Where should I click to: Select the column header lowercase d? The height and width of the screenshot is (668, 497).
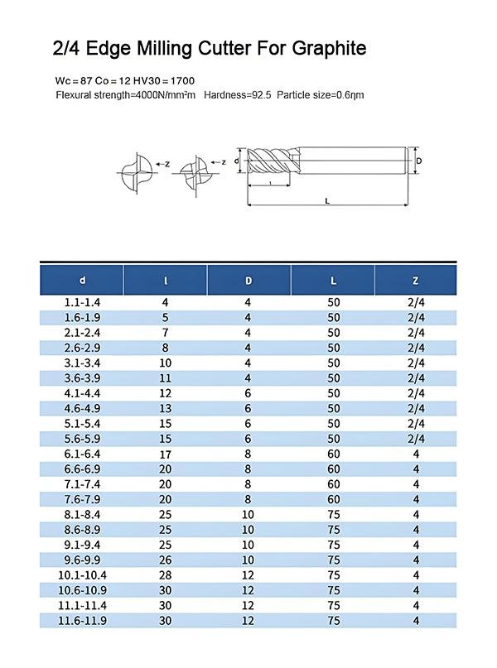click(82, 280)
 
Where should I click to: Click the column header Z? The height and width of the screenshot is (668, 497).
click(415, 280)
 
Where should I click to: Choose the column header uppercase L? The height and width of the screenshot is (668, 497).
click(333, 280)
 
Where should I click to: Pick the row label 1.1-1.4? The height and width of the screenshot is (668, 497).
click(82, 303)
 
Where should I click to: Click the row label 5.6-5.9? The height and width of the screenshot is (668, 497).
click(82, 439)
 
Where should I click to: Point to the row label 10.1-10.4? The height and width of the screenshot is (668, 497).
click(82, 575)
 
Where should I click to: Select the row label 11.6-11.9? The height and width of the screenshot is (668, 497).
click(82, 621)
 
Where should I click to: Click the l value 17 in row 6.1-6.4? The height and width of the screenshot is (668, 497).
click(166, 454)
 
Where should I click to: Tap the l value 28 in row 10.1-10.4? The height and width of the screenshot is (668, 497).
click(166, 575)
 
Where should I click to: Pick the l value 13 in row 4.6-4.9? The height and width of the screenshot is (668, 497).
click(166, 408)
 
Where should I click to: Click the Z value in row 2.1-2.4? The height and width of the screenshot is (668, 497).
click(416, 333)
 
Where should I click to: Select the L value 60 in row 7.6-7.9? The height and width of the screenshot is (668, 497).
click(333, 499)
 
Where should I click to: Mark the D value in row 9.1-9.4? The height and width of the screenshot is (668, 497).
click(248, 545)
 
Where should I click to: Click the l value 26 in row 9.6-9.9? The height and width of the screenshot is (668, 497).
click(166, 560)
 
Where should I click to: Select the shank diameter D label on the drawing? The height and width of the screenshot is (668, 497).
click(419, 161)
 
